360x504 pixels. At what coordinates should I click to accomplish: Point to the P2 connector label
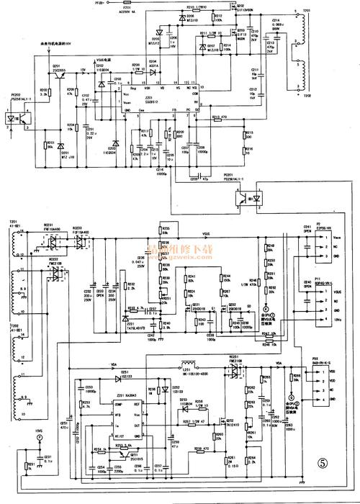point(318,225)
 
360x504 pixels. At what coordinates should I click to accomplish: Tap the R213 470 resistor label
point(219,117)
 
